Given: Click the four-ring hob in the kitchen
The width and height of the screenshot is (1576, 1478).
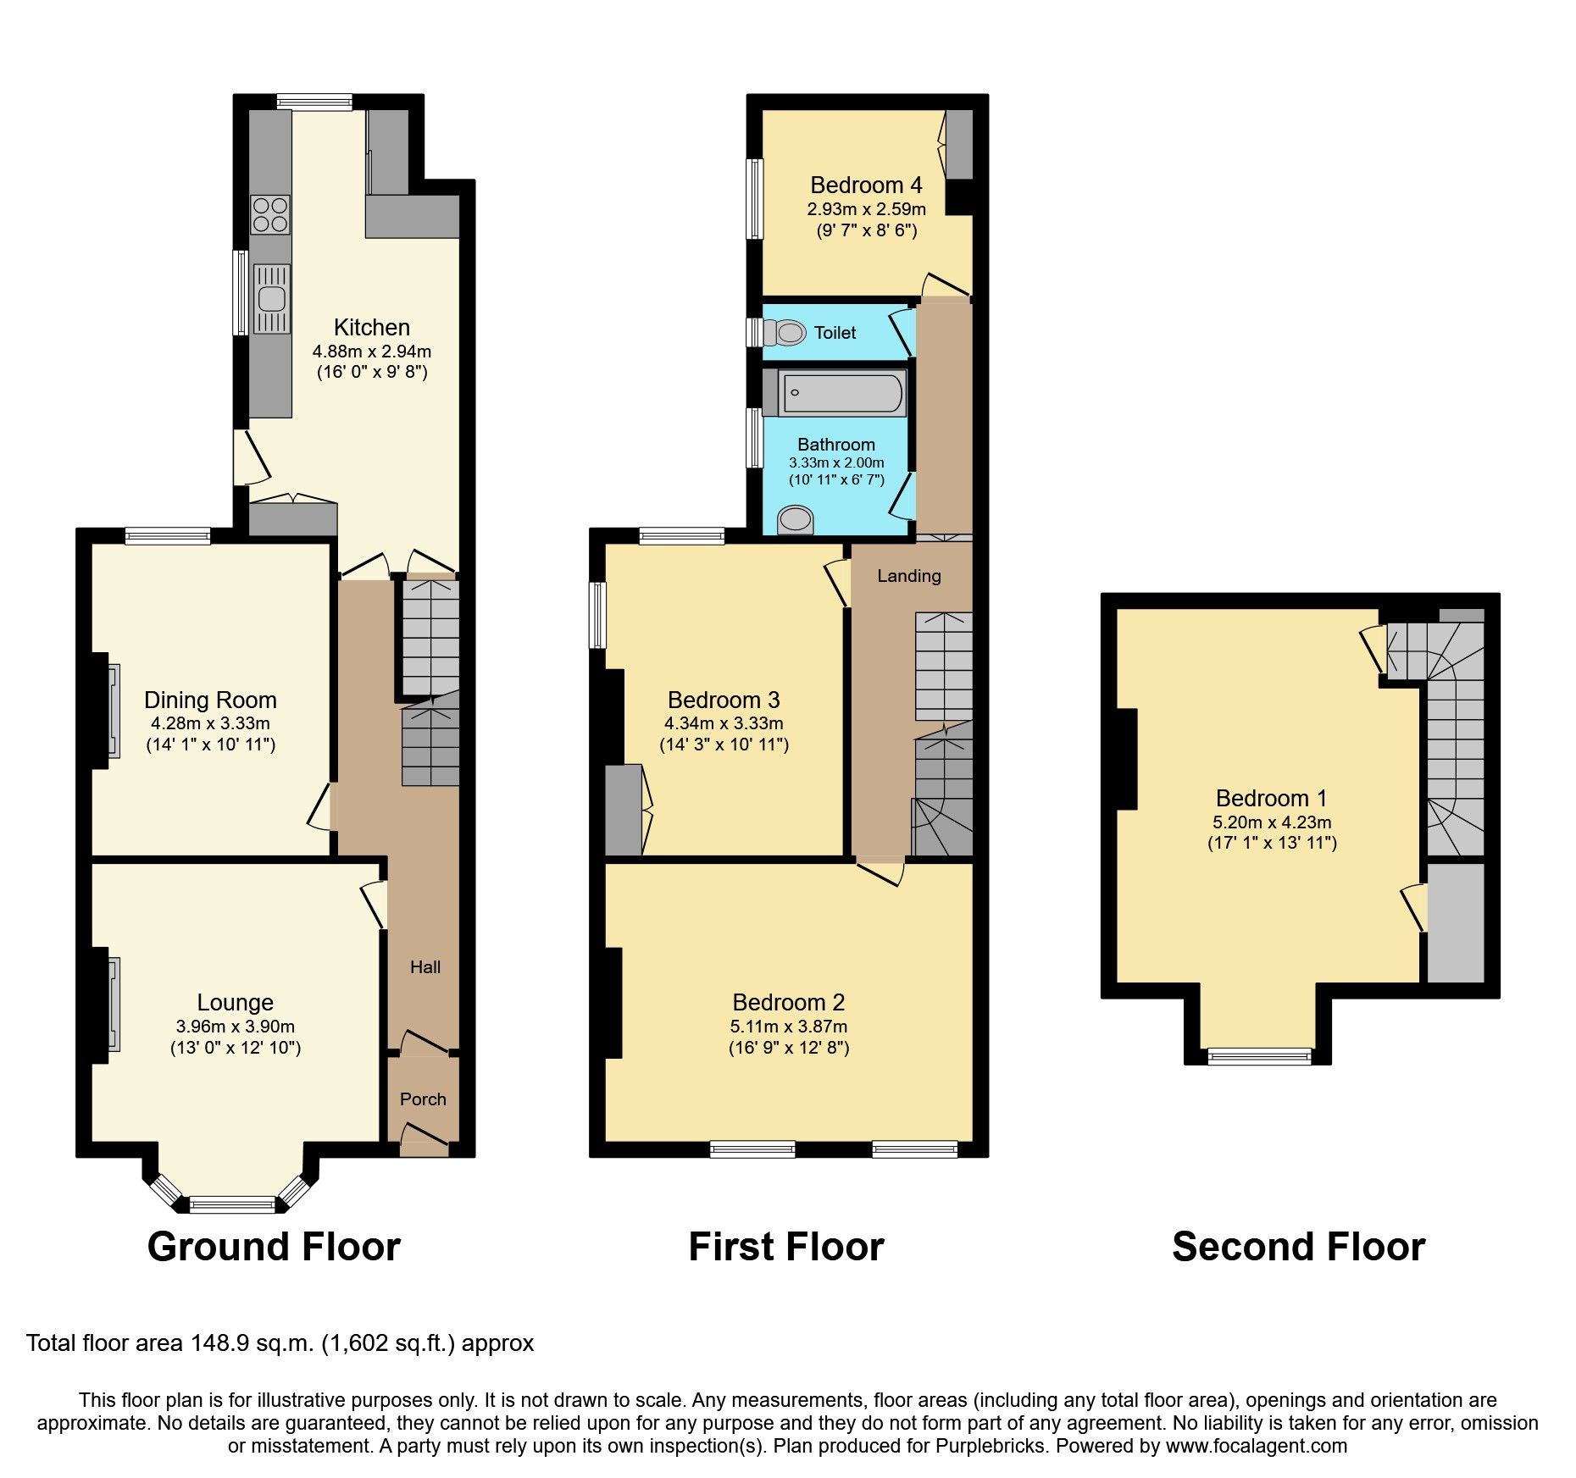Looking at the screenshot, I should (270, 214).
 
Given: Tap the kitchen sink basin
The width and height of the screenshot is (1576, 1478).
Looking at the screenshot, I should (272, 299).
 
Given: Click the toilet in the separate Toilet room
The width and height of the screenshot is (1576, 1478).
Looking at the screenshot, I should (785, 332).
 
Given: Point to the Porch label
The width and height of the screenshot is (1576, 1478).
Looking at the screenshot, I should (423, 1099).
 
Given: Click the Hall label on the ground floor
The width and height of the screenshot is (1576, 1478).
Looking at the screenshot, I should (425, 966).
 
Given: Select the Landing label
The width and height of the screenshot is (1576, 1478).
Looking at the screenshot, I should (908, 576).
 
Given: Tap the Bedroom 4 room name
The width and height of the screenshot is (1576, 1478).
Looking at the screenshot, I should (866, 185).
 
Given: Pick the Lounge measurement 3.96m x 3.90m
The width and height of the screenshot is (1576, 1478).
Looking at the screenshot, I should (235, 1026).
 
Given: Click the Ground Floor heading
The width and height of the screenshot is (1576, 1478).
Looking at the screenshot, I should (274, 1247).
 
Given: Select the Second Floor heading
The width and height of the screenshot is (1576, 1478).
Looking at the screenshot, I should (1298, 1247).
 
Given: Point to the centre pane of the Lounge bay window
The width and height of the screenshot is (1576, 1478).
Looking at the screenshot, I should (232, 1204).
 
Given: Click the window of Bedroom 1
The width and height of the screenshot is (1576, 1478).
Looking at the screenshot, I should (1259, 1055).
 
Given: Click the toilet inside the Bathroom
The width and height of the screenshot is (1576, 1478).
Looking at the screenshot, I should (795, 518).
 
